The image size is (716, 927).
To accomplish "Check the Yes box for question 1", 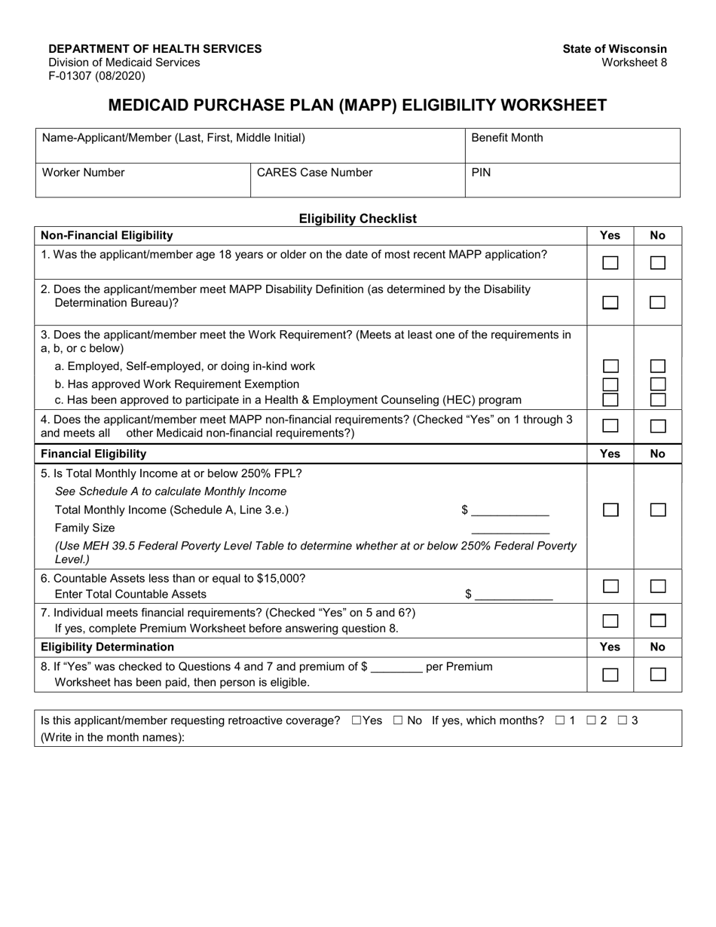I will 610,263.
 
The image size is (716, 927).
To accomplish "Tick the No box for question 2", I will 657,302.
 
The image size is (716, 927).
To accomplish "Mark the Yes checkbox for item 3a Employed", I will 610,366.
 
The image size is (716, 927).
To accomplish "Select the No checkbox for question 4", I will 657,426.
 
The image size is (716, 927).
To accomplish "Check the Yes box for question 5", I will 610,510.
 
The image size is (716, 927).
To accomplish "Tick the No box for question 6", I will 657,586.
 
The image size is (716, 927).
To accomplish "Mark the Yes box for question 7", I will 610,621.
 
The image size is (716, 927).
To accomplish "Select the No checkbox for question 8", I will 657,675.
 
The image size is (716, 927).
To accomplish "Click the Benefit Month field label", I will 506,138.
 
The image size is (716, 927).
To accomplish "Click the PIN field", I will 573,181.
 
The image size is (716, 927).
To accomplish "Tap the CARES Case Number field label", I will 315,173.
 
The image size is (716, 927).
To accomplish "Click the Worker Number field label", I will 84,173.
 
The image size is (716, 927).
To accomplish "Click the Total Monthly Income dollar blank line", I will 510,511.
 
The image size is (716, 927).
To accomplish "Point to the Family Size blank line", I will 510,529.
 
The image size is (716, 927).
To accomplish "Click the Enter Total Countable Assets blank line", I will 514,595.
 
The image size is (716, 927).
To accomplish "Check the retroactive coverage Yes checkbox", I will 356,720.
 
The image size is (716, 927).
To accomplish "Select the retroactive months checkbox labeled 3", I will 623,720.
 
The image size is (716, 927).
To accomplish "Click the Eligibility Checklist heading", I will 358,219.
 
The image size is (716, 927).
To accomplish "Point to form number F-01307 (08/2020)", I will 97,76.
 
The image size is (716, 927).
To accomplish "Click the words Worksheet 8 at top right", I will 634,63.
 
